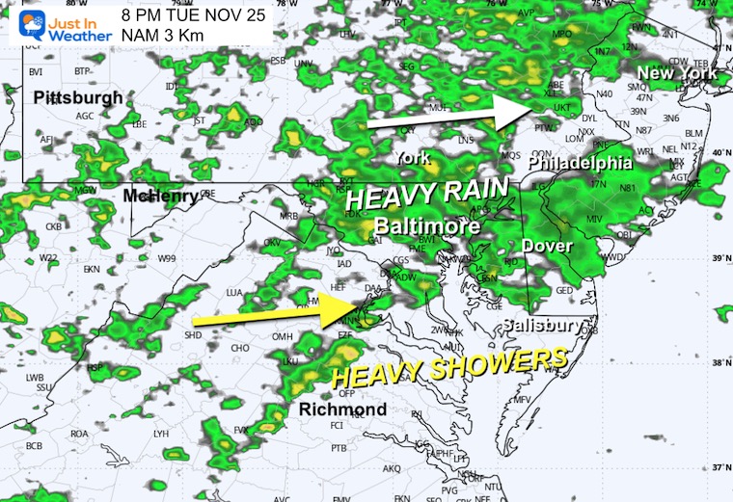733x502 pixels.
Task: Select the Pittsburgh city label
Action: pyautogui.click(x=78, y=97)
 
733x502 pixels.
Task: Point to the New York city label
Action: pyautogui.click(x=677, y=73)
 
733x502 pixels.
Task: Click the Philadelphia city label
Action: pyautogui.click(x=581, y=163)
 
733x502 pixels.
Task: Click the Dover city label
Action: pyautogui.click(x=547, y=247)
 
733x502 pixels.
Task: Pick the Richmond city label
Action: pyautogui.click(x=343, y=410)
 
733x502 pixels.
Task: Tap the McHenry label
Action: pyautogui.click(x=160, y=197)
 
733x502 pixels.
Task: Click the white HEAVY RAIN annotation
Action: pyautogui.click(x=416, y=196)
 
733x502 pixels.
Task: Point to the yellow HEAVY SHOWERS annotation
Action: pyautogui.click(x=448, y=367)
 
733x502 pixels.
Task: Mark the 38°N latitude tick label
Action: pyautogui.click(x=720, y=364)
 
